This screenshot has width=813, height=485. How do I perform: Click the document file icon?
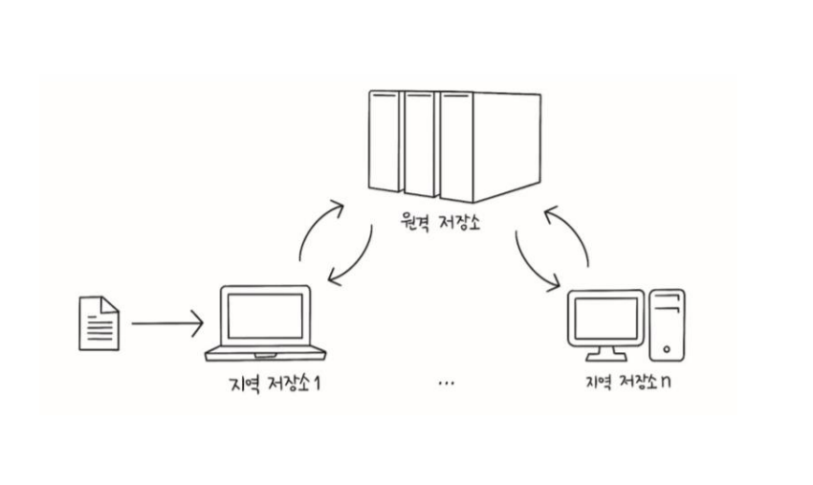(98, 322)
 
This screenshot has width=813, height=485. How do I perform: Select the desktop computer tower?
(667, 325)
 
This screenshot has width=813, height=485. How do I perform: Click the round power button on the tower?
(667, 348)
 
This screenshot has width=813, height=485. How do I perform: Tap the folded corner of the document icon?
(110, 303)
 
